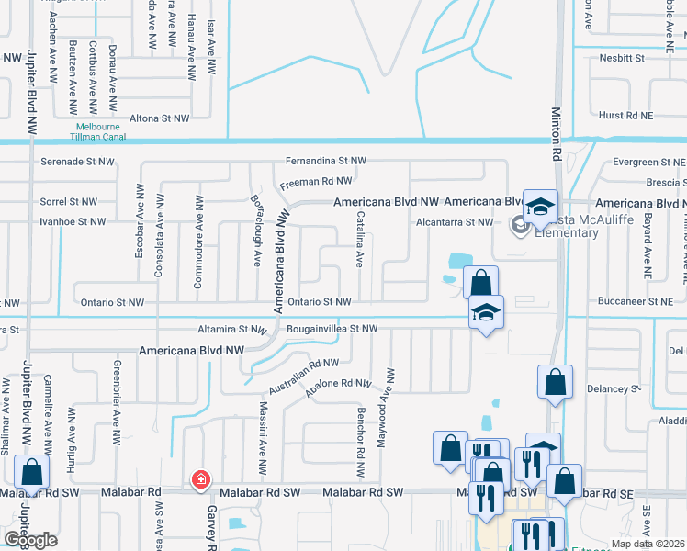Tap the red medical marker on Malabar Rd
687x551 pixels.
click(x=200, y=479)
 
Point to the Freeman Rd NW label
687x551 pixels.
click(x=316, y=182)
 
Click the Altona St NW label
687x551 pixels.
click(x=159, y=118)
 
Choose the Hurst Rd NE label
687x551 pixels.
click(x=624, y=117)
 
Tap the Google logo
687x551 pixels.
click(x=31, y=539)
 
